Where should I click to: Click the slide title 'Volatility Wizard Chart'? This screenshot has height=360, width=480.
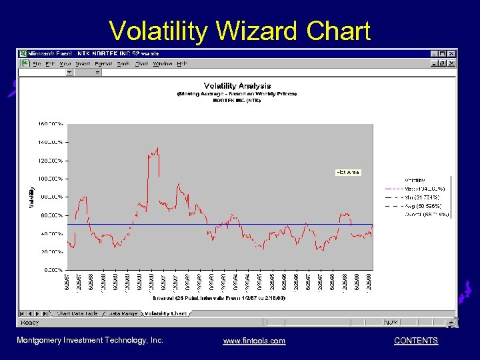[239, 31]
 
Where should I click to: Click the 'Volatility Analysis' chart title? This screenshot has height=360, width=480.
[237, 86]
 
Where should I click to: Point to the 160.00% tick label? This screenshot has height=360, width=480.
[51, 124]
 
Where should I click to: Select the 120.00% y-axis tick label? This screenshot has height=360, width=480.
[51, 161]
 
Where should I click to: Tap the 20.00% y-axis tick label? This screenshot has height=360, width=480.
[51, 252]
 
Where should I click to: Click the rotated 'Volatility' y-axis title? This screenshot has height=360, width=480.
[31, 197]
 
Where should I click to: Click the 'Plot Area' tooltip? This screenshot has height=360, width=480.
[347, 173]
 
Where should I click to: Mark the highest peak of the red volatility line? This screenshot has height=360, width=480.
[157, 148]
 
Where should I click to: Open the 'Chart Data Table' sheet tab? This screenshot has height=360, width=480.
[77, 313]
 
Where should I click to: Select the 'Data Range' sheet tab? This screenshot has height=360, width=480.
[123, 313]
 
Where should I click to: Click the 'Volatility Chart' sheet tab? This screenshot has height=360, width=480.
[165, 313]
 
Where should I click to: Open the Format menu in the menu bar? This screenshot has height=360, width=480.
[105, 64]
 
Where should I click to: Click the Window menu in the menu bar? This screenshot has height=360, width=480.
[163, 64]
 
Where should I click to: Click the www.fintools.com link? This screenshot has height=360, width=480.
[254, 341]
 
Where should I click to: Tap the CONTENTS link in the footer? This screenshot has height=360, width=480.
[416, 341]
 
